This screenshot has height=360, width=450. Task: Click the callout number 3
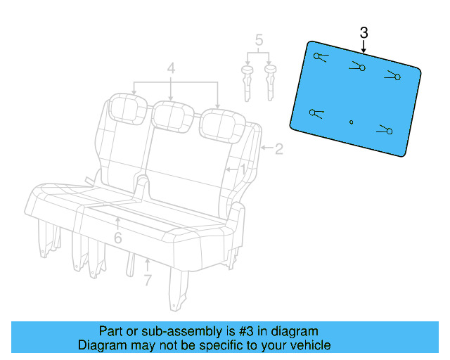364,32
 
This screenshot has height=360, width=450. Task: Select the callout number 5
259,40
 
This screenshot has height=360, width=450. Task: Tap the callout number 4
171,68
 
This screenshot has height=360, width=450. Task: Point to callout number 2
278,148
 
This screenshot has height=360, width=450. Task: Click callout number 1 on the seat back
243,169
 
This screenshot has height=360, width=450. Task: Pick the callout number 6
117,238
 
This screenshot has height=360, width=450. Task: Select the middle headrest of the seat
172,115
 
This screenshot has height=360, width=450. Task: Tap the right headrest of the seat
217,123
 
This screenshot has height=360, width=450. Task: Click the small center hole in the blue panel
352,122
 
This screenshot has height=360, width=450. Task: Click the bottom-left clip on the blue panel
315,112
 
